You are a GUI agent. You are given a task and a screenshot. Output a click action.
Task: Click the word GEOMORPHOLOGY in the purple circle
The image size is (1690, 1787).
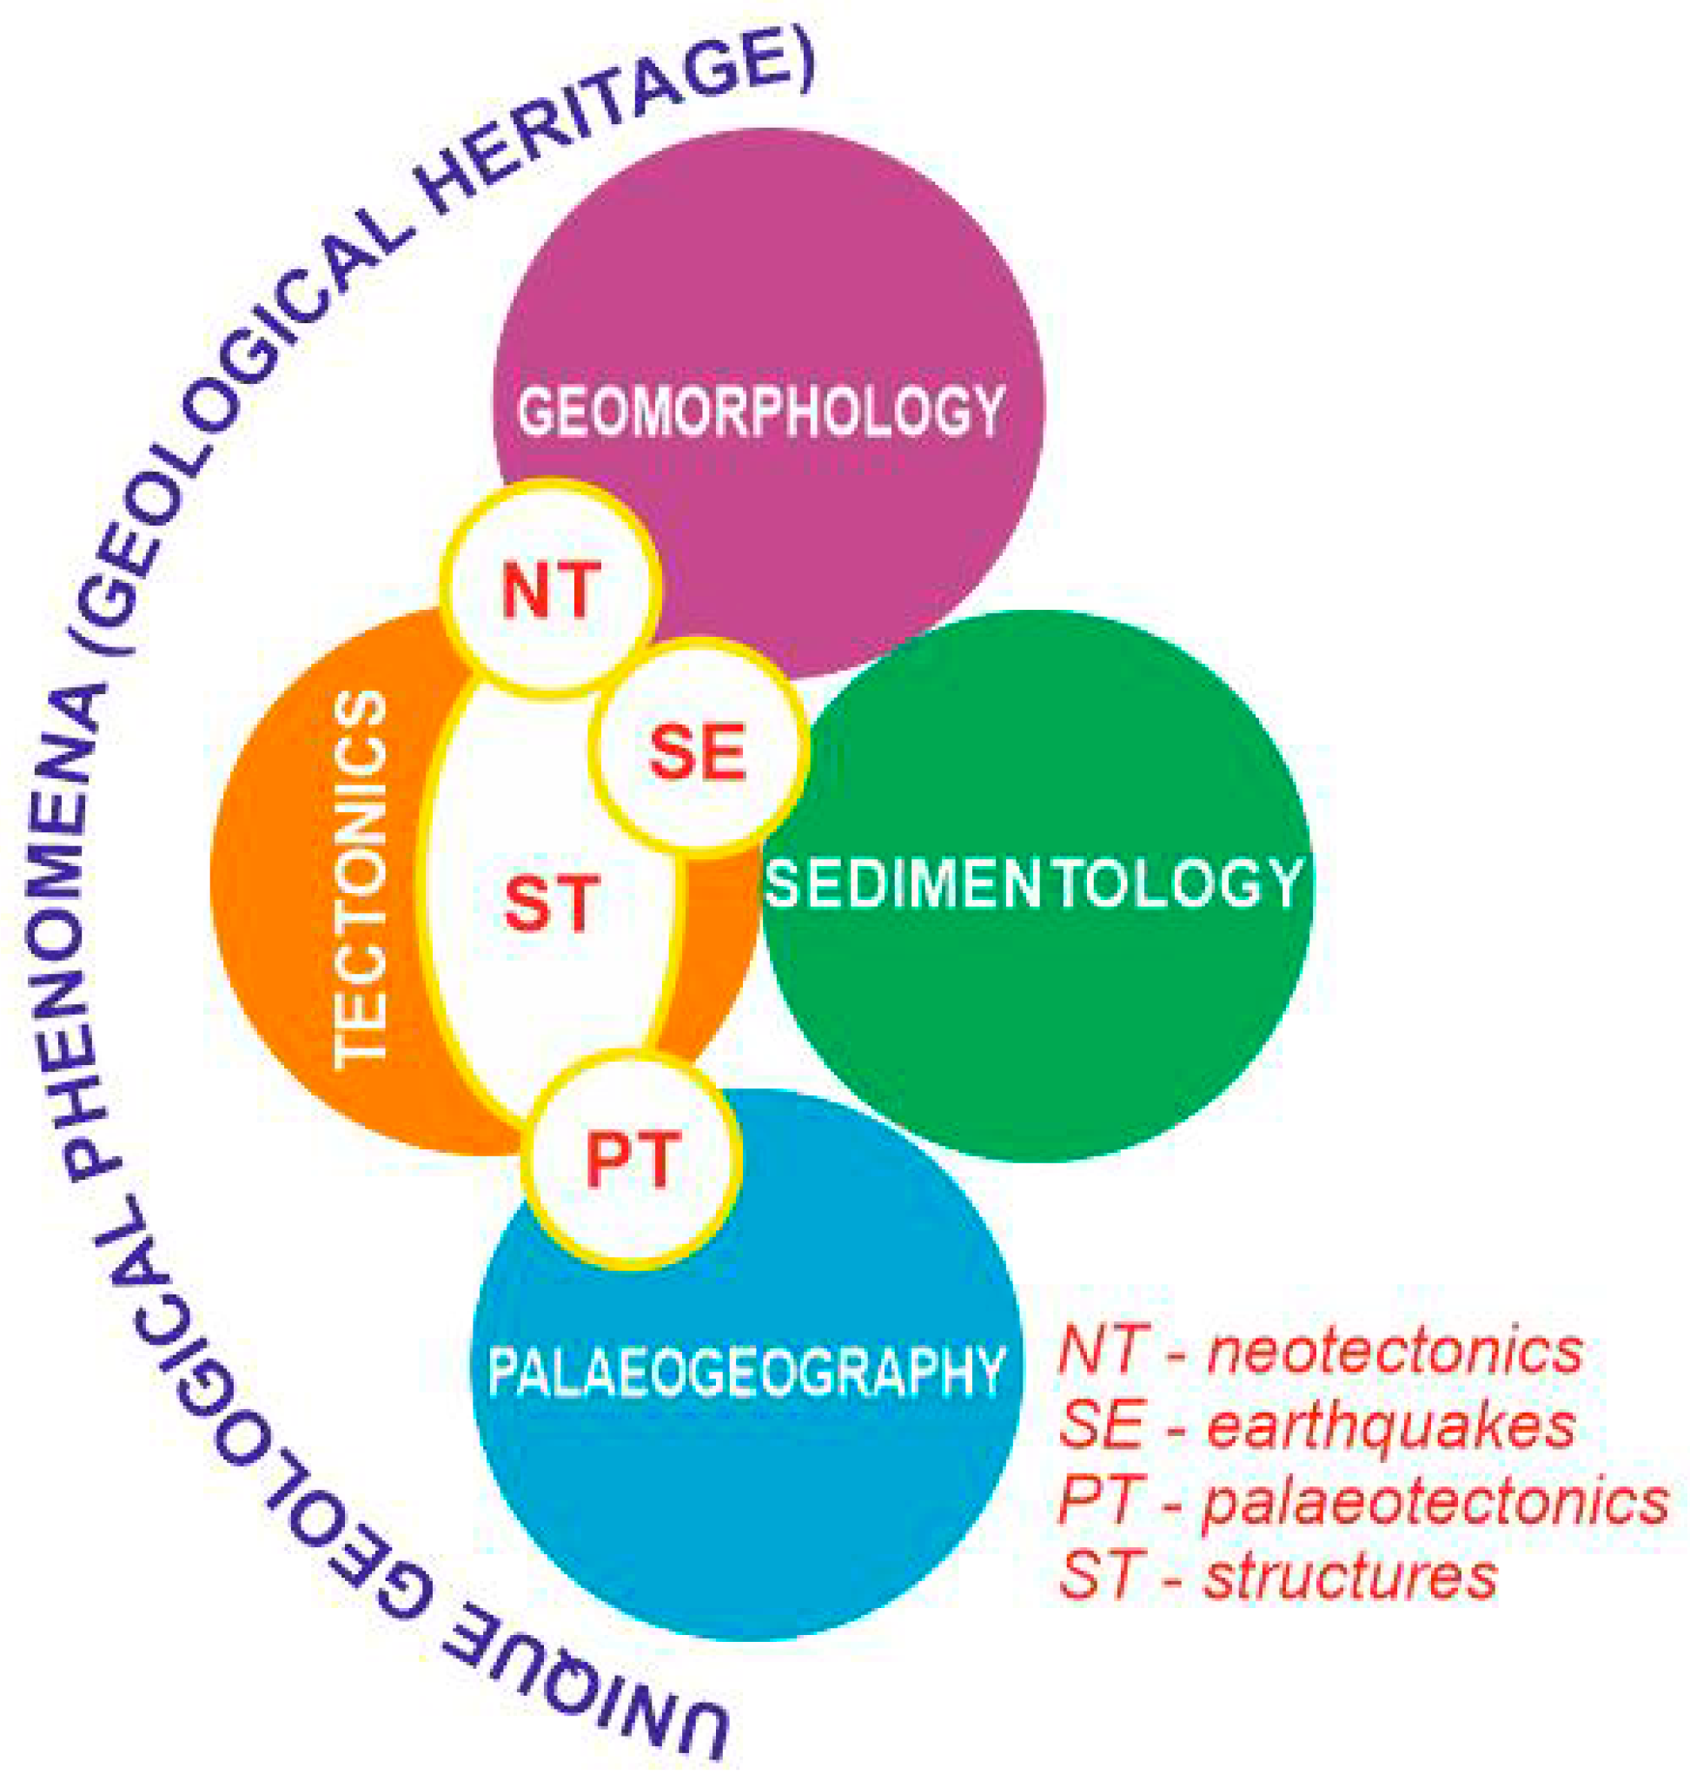pos(761,411)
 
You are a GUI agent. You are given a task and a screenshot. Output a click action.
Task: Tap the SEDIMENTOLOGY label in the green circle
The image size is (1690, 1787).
pos(1033,884)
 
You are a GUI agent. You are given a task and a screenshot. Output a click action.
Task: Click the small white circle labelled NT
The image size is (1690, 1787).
pos(552,588)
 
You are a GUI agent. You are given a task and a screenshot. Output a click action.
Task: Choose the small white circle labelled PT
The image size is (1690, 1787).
pos(633,1159)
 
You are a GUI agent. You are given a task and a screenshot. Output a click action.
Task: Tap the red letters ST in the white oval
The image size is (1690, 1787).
pos(552,903)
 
